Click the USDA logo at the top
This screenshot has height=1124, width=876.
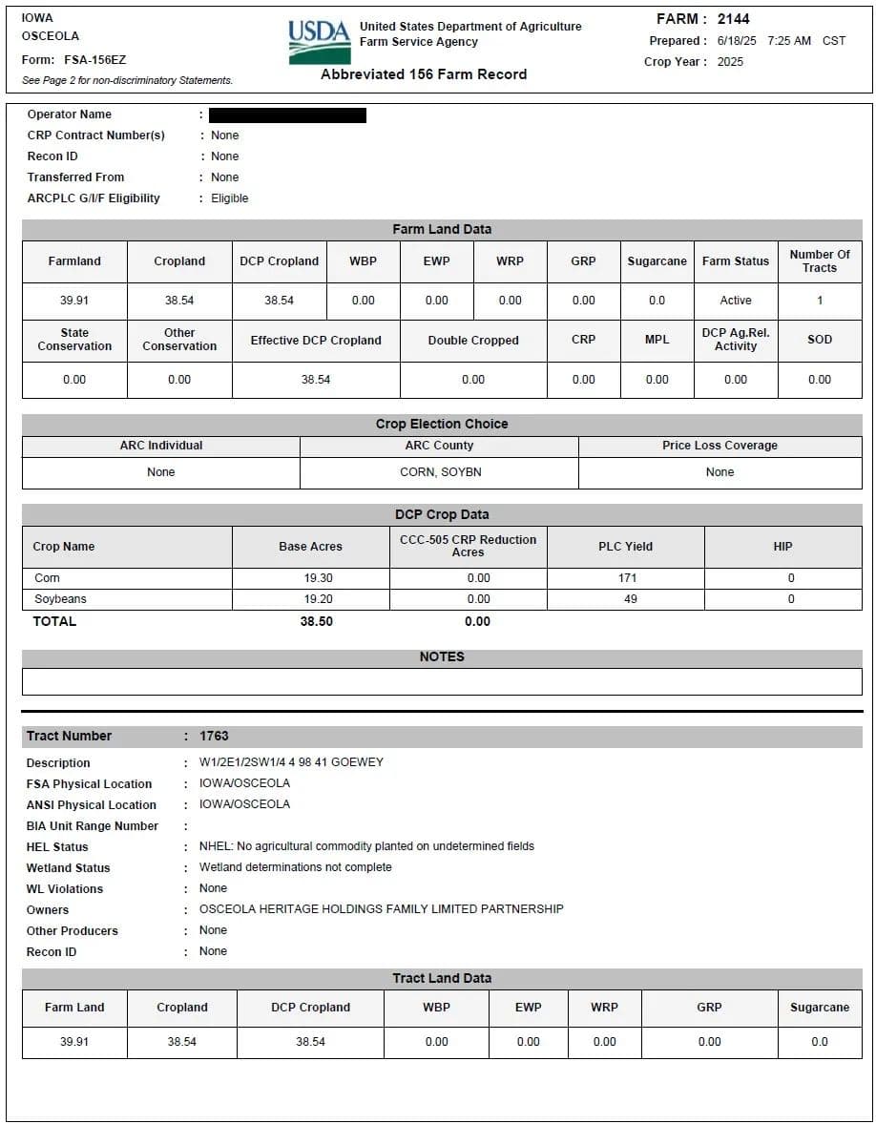(x=319, y=42)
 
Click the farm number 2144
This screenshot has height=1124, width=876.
(x=733, y=19)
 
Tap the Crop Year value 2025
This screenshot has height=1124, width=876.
(x=730, y=62)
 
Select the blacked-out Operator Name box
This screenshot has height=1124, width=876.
(x=287, y=115)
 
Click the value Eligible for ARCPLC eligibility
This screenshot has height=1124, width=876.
(x=230, y=198)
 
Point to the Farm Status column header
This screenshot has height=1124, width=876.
(x=736, y=261)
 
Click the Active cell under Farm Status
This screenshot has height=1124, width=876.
(x=736, y=301)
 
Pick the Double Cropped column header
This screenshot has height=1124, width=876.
(x=473, y=341)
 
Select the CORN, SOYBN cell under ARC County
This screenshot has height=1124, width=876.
(x=439, y=472)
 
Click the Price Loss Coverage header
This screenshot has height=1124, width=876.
(x=720, y=446)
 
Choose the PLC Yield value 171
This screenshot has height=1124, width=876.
(x=626, y=578)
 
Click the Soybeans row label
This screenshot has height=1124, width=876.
(x=60, y=599)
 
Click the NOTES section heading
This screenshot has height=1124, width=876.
(x=442, y=657)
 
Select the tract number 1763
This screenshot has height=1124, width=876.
(x=214, y=736)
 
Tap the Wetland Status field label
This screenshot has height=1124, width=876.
(x=68, y=868)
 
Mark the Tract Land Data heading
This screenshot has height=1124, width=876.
(x=442, y=978)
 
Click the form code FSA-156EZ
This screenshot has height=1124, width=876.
(x=101, y=60)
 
